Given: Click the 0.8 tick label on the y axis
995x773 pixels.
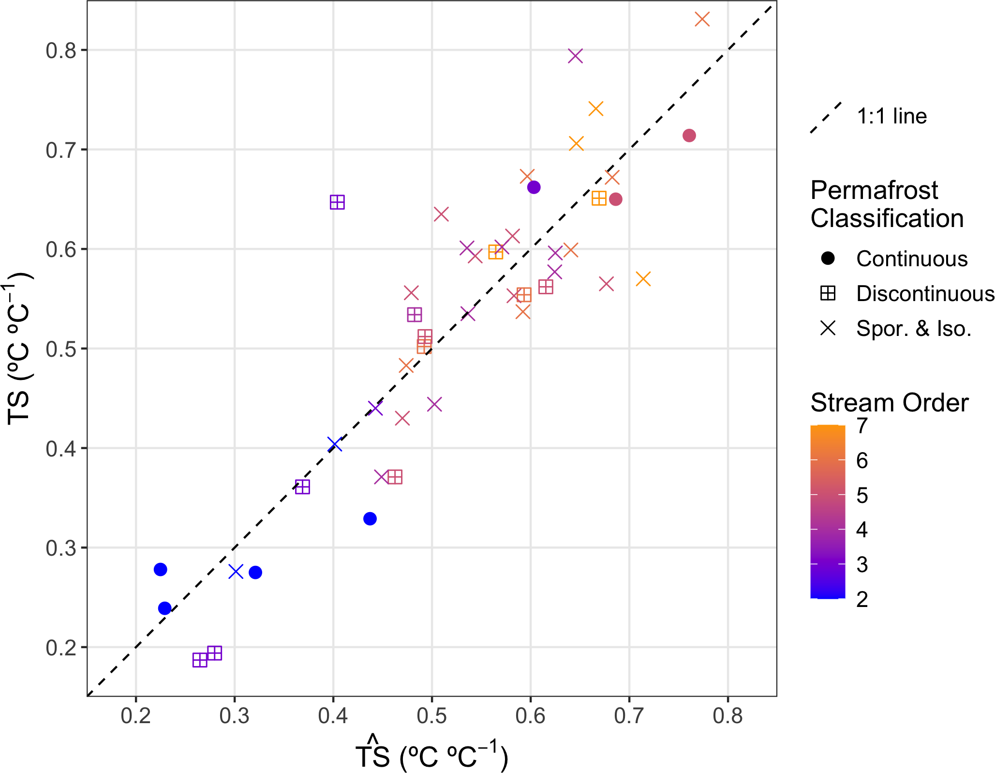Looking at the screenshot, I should point(61,50).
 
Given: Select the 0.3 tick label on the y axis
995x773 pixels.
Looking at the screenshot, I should point(61,548).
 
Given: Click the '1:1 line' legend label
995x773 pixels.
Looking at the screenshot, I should point(891,117).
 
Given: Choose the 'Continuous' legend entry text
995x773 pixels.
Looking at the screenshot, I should point(912,259).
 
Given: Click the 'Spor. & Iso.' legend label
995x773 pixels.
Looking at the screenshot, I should point(914,329).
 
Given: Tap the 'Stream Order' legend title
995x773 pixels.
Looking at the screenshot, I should point(889,403).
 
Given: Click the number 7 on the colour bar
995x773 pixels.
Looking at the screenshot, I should point(862,426).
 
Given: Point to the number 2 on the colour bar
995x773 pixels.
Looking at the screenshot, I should point(862,600).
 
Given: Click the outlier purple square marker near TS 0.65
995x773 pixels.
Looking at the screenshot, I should point(337,202).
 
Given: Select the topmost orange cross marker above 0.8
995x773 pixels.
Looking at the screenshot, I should point(702,20).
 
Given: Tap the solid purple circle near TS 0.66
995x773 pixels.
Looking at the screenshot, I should point(534,187).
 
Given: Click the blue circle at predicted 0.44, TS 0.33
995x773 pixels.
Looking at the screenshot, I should point(370,519).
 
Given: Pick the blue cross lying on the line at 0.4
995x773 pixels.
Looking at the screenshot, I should point(335,444).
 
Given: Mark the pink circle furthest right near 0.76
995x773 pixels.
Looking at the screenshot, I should point(689,136).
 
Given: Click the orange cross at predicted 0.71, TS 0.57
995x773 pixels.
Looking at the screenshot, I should point(643,279).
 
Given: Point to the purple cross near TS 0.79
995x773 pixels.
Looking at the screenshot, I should point(575,56).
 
